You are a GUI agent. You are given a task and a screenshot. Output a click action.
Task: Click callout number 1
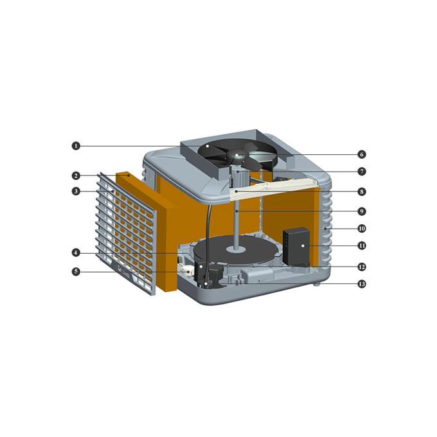click(76, 146)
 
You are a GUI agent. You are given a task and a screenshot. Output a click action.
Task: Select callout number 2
click(76, 175)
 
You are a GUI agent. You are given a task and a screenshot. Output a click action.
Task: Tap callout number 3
click(76, 192)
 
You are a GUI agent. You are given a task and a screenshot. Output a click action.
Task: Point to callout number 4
click(76, 253)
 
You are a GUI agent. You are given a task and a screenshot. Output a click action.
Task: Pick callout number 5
click(76, 271)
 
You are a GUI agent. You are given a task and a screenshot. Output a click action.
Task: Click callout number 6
click(362, 154)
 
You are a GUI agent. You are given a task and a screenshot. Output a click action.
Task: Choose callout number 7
click(362, 171)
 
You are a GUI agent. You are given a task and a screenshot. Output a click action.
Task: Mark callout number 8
click(362, 192)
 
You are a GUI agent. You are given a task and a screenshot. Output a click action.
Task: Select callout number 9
click(362, 211)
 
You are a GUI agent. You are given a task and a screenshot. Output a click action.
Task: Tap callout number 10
click(362, 229)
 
